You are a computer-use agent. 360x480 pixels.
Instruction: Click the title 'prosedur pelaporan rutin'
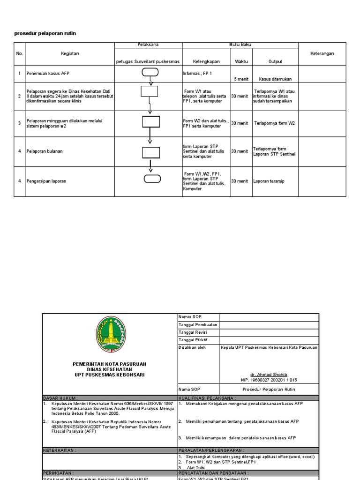tap(45, 33)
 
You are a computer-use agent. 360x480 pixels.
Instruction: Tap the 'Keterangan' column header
tap(322, 53)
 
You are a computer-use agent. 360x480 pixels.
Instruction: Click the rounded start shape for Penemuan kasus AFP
tap(150, 72)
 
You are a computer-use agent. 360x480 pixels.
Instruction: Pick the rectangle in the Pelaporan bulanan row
tap(150, 152)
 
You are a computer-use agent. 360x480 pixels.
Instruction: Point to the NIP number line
tap(269, 380)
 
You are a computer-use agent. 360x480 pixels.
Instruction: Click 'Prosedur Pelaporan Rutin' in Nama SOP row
tap(269, 389)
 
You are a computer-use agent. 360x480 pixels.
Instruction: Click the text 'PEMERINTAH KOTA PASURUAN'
tap(109, 364)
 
